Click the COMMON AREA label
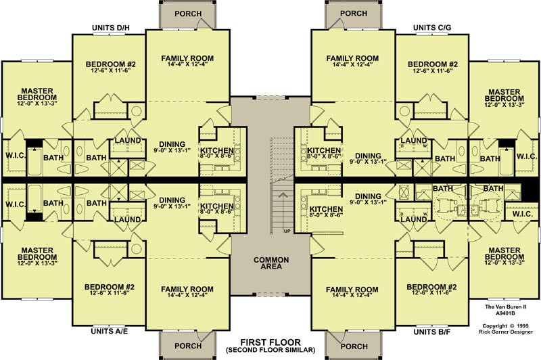[x=271, y=263]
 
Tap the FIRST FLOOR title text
[x=270, y=342]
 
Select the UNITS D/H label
[x=111, y=28]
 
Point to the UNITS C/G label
[x=432, y=28]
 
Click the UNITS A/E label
[x=110, y=332]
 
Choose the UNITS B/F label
[x=431, y=332]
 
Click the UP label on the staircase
[x=287, y=231]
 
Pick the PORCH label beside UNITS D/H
[x=188, y=14]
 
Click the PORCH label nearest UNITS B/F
[x=354, y=346]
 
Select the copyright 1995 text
[x=505, y=326]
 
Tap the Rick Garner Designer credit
[x=505, y=332]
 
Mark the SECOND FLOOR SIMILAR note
[x=270, y=350]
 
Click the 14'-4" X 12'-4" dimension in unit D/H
[x=187, y=64]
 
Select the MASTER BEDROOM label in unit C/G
[x=504, y=95]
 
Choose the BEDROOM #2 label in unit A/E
[x=110, y=287]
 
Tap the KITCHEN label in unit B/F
[x=326, y=209]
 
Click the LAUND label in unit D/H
[x=128, y=141]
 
